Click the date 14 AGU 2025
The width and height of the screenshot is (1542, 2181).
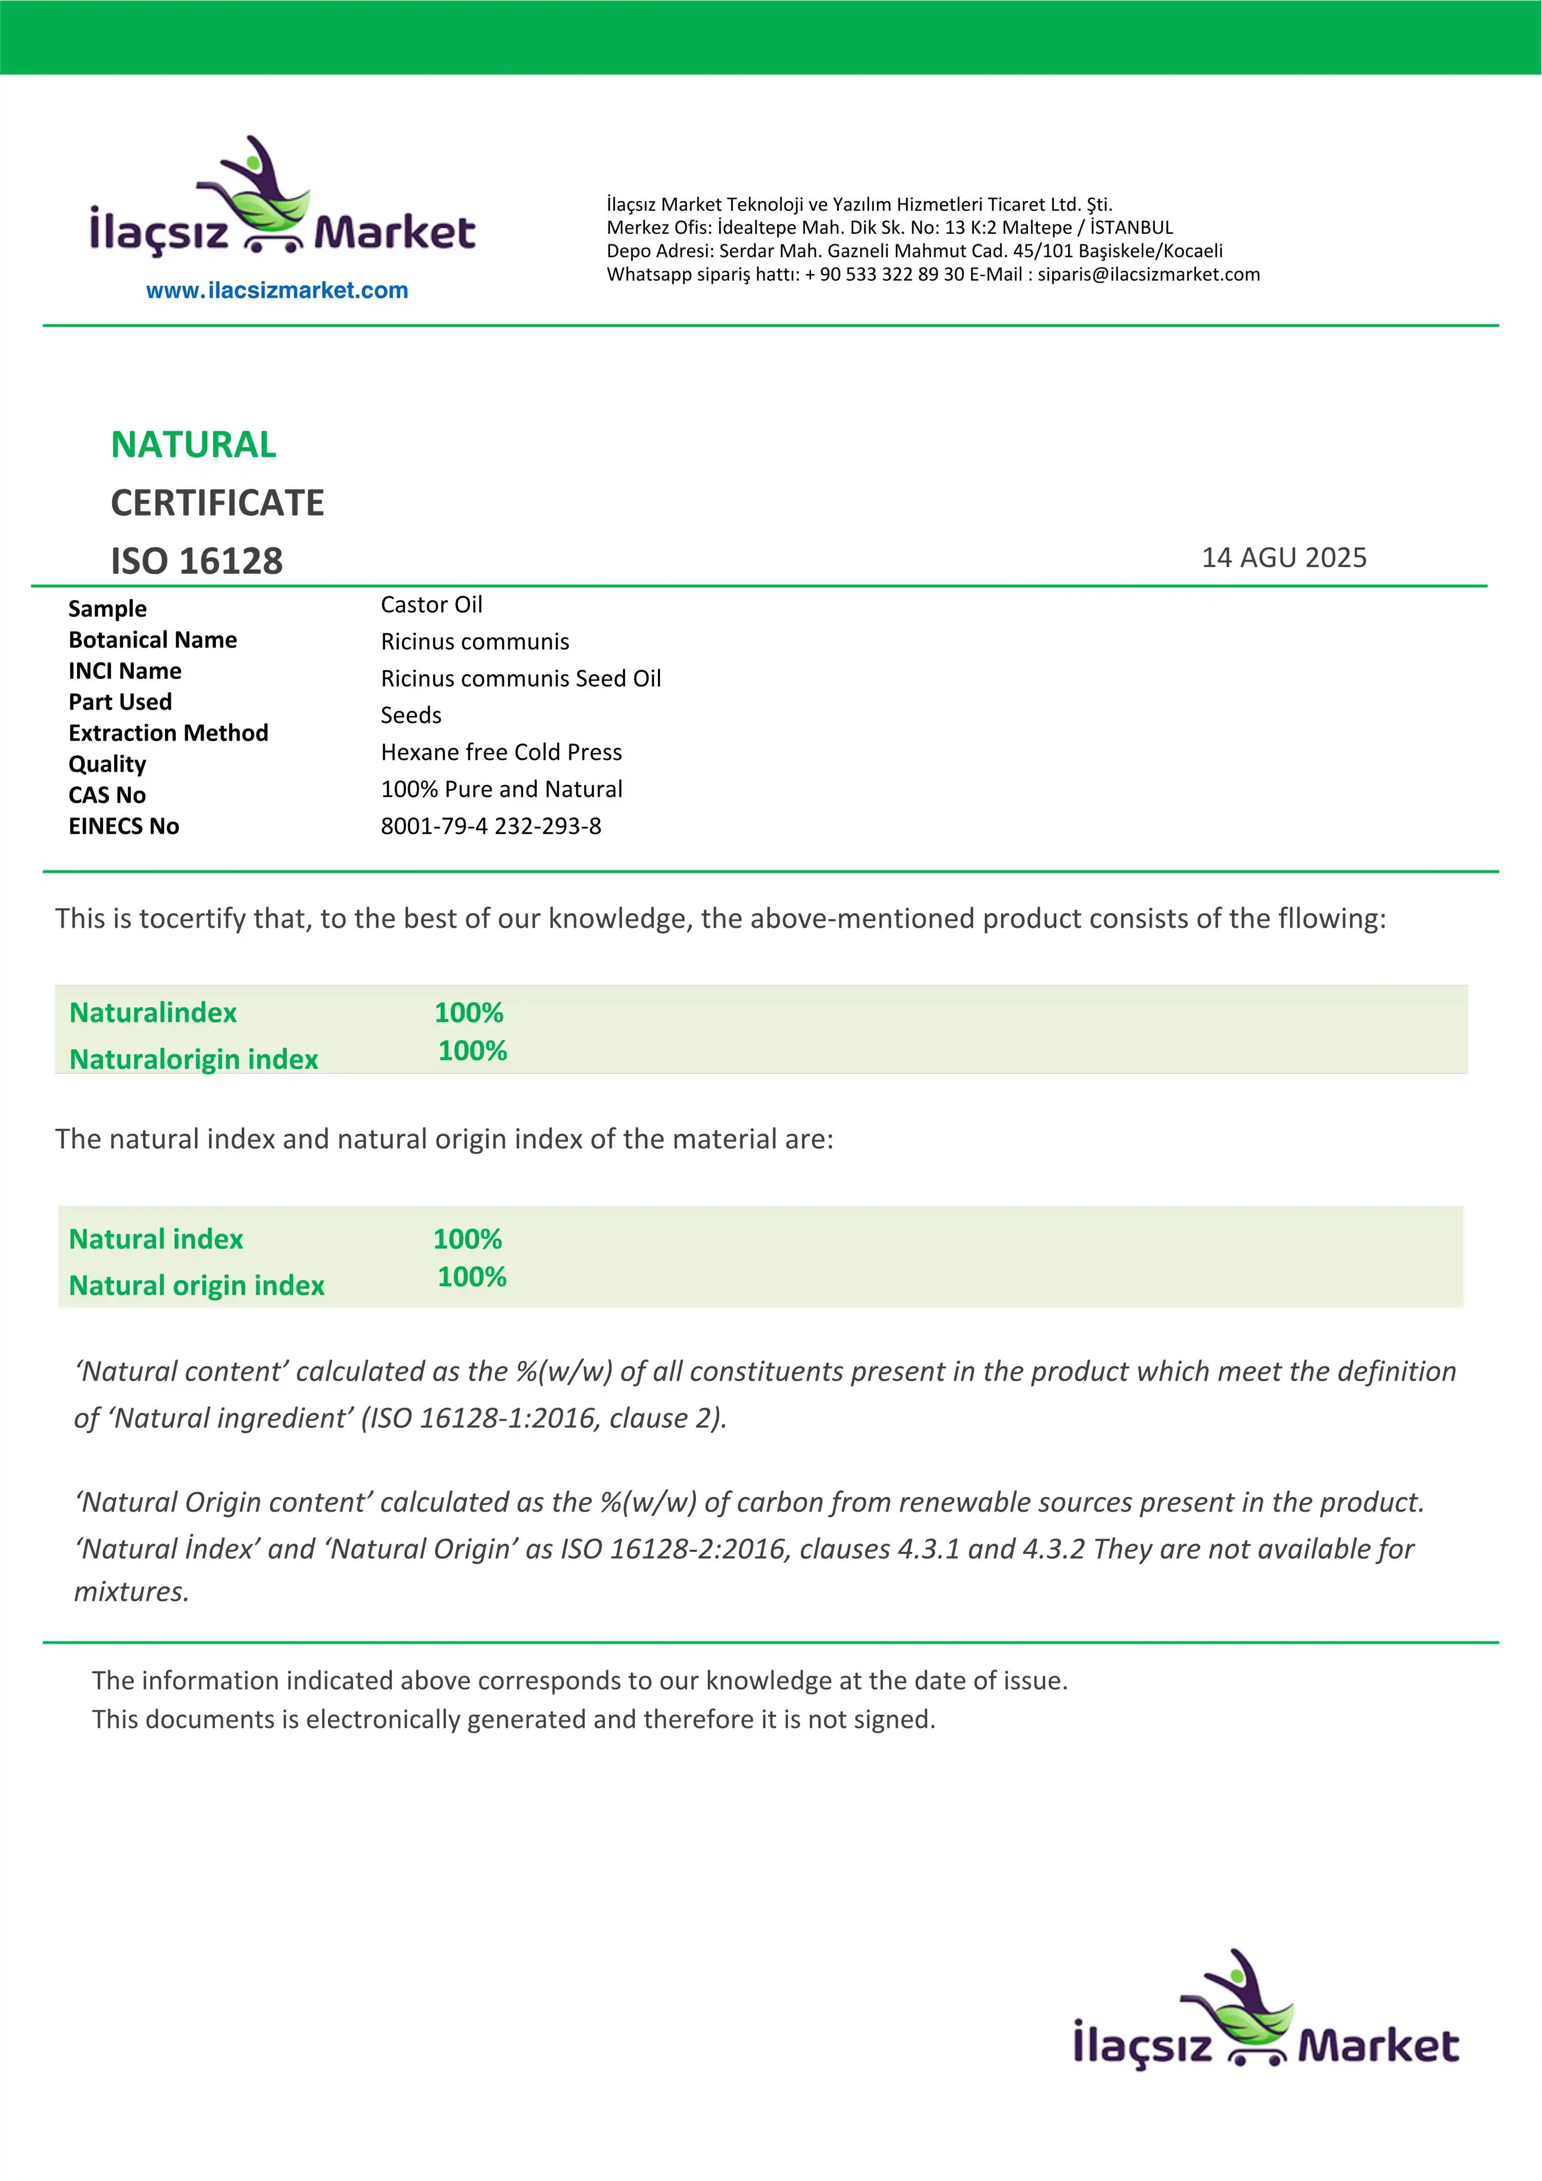[x=1283, y=558]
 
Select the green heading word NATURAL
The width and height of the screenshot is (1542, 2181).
[x=194, y=445]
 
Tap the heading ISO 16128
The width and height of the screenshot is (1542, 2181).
[x=197, y=560]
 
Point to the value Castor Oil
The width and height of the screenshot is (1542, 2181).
[x=431, y=605]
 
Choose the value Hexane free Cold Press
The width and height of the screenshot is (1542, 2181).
[x=501, y=753]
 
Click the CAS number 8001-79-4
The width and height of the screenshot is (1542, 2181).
[x=433, y=827]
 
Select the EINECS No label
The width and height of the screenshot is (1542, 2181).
[x=123, y=827]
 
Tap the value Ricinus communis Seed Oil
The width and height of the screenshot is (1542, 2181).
[x=521, y=678]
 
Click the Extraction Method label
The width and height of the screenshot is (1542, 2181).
[x=168, y=734]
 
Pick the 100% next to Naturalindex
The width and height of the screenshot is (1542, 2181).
[x=468, y=1013]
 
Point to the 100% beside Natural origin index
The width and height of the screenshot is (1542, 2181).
[x=471, y=1277]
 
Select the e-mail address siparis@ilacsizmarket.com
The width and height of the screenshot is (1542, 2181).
[x=1149, y=274]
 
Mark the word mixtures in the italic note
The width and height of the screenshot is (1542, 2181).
[x=131, y=1592]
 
